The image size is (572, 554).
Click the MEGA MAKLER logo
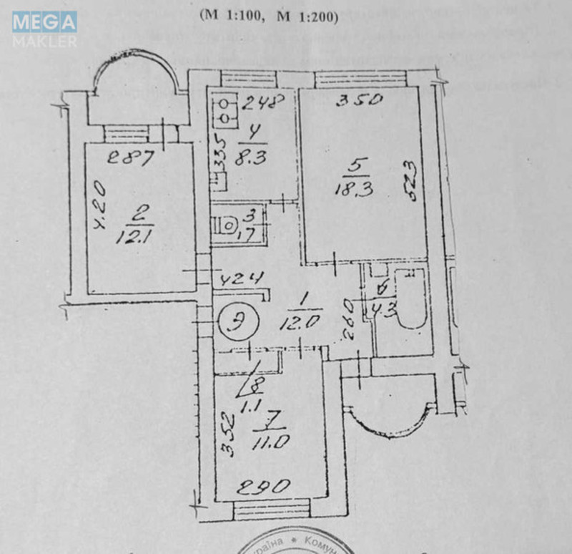(x=44, y=29)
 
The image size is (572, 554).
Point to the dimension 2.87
(x=130, y=157)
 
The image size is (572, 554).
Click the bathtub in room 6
(x=411, y=300)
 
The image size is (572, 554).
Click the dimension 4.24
(x=242, y=278)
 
